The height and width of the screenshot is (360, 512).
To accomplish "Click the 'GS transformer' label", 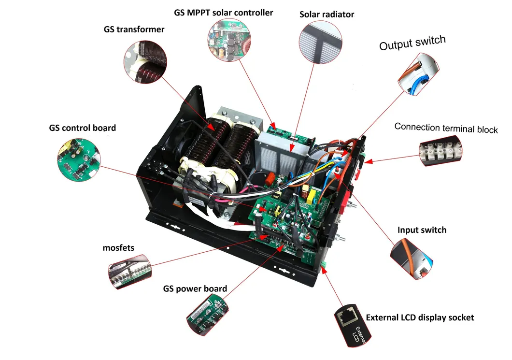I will point(134,29).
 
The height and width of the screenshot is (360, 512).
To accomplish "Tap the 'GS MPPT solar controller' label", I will point(223,13).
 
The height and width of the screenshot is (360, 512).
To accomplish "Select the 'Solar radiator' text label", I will point(327,14).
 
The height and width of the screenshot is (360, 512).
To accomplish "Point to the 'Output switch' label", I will point(412,43).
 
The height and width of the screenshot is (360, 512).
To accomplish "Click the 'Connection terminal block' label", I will point(446,128).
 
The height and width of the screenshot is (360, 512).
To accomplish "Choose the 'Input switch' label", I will point(422,230).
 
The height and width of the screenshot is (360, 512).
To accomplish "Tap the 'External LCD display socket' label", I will point(420,317).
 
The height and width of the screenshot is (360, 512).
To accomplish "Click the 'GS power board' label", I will point(195,289).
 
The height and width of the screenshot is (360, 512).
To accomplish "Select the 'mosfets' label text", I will point(118,248).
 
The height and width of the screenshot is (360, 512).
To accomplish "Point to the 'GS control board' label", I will point(82,128).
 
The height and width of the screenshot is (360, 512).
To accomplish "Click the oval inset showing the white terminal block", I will point(441,150).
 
